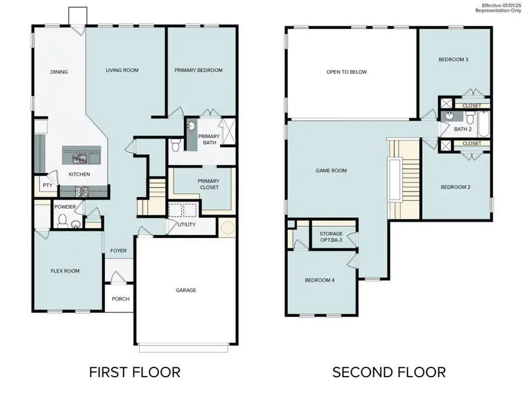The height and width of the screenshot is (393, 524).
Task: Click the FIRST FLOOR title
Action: [x=134, y=372]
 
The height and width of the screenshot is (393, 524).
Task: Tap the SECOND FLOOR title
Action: [x=389, y=372]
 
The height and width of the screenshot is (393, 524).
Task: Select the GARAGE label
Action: [x=186, y=290]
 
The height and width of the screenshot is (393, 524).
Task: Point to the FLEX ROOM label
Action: [x=65, y=271]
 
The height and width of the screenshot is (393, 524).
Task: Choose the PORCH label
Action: [x=120, y=299]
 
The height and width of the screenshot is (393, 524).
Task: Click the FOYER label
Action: [x=119, y=251]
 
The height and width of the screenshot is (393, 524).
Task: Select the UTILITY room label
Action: [x=186, y=225]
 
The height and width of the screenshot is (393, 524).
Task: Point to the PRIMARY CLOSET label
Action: [x=208, y=184]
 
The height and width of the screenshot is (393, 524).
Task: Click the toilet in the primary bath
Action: [x=176, y=144]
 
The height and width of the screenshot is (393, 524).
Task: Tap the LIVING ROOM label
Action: [x=122, y=70]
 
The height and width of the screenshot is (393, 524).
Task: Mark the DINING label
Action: [x=59, y=72]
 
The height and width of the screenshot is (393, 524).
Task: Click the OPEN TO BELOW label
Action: [x=346, y=72]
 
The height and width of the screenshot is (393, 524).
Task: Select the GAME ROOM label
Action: [x=331, y=171]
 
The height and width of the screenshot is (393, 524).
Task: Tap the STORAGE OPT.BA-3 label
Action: [x=331, y=237]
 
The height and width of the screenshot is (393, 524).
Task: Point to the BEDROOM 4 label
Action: [x=320, y=280]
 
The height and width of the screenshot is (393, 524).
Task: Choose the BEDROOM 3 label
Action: [x=454, y=59]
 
